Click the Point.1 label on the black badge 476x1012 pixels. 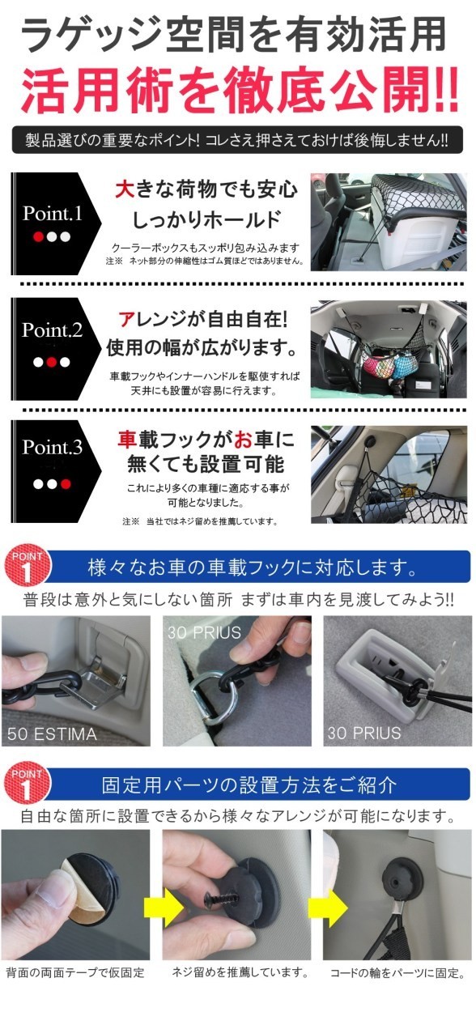click(53, 213)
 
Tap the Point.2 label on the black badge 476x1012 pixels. click(53, 330)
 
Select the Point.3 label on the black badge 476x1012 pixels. click(53, 447)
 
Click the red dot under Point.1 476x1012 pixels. click(39, 236)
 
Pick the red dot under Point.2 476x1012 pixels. click(52, 363)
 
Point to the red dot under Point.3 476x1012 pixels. click(66, 484)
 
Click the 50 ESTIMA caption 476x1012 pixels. click(52, 733)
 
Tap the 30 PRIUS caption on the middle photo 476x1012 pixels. click(204, 632)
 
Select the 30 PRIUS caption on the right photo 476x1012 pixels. click(364, 733)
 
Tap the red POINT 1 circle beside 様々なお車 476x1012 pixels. click(28, 566)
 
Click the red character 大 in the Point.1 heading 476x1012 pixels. click(124, 189)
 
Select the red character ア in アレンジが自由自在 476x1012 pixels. click(125, 320)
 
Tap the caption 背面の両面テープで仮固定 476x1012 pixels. click(75, 972)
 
